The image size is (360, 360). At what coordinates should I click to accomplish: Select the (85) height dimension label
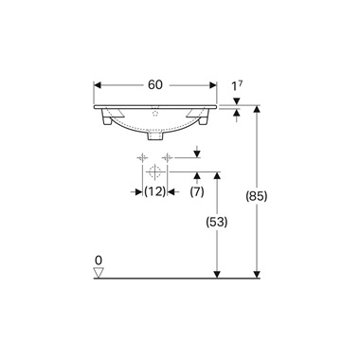pyautogui.click(x=257, y=197)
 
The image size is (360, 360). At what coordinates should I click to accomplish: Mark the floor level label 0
pyautogui.click(x=98, y=259)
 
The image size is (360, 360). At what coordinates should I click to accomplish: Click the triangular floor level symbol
pyautogui.click(x=98, y=273)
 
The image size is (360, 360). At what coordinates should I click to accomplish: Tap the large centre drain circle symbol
pyautogui.click(x=154, y=172)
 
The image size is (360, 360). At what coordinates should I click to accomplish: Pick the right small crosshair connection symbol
pyautogui.click(x=167, y=156)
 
